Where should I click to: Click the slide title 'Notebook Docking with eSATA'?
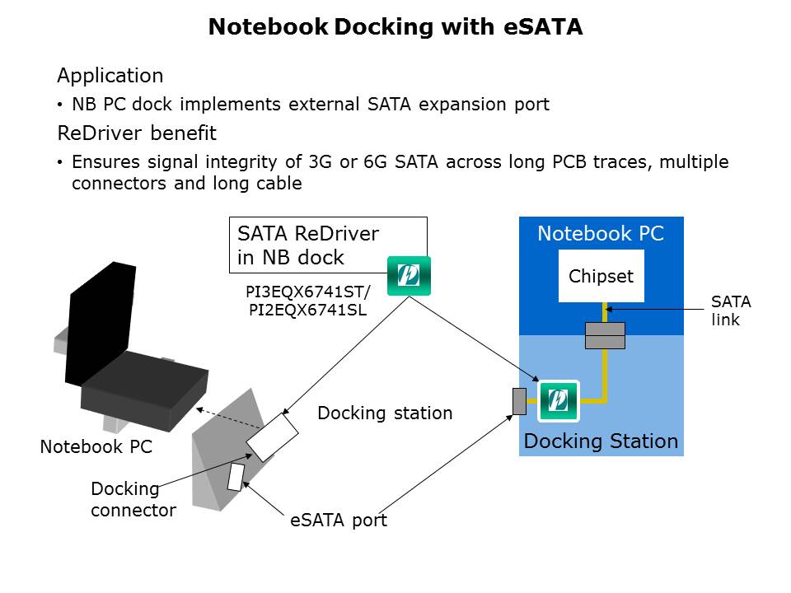tap(395, 27)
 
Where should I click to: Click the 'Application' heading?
tap(110, 76)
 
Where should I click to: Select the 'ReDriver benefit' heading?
tap(137, 133)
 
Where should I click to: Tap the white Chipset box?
tap(601, 276)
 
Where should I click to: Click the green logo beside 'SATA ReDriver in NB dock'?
tap(410, 276)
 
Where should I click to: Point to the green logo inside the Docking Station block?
tap(559, 400)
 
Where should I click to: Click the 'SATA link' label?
tap(731, 311)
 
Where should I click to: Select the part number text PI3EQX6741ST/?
tap(309, 292)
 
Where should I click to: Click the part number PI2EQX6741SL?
tap(306, 310)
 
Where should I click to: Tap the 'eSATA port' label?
tap(338, 521)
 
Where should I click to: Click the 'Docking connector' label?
tap(133, 499)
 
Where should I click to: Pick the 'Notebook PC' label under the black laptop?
tap(96, 447)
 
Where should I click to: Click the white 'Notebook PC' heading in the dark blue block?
tap(600, 234)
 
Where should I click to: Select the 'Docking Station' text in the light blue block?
tap(601, 441)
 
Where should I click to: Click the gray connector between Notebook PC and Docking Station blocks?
tap(605, 335)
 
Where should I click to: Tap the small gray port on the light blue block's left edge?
tap(519, 401)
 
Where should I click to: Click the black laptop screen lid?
tap(99, 321)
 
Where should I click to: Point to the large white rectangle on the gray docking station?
tap(273, 437)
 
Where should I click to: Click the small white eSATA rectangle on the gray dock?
tap(236, 477)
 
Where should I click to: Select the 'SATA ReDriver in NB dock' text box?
tap(327, 245)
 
